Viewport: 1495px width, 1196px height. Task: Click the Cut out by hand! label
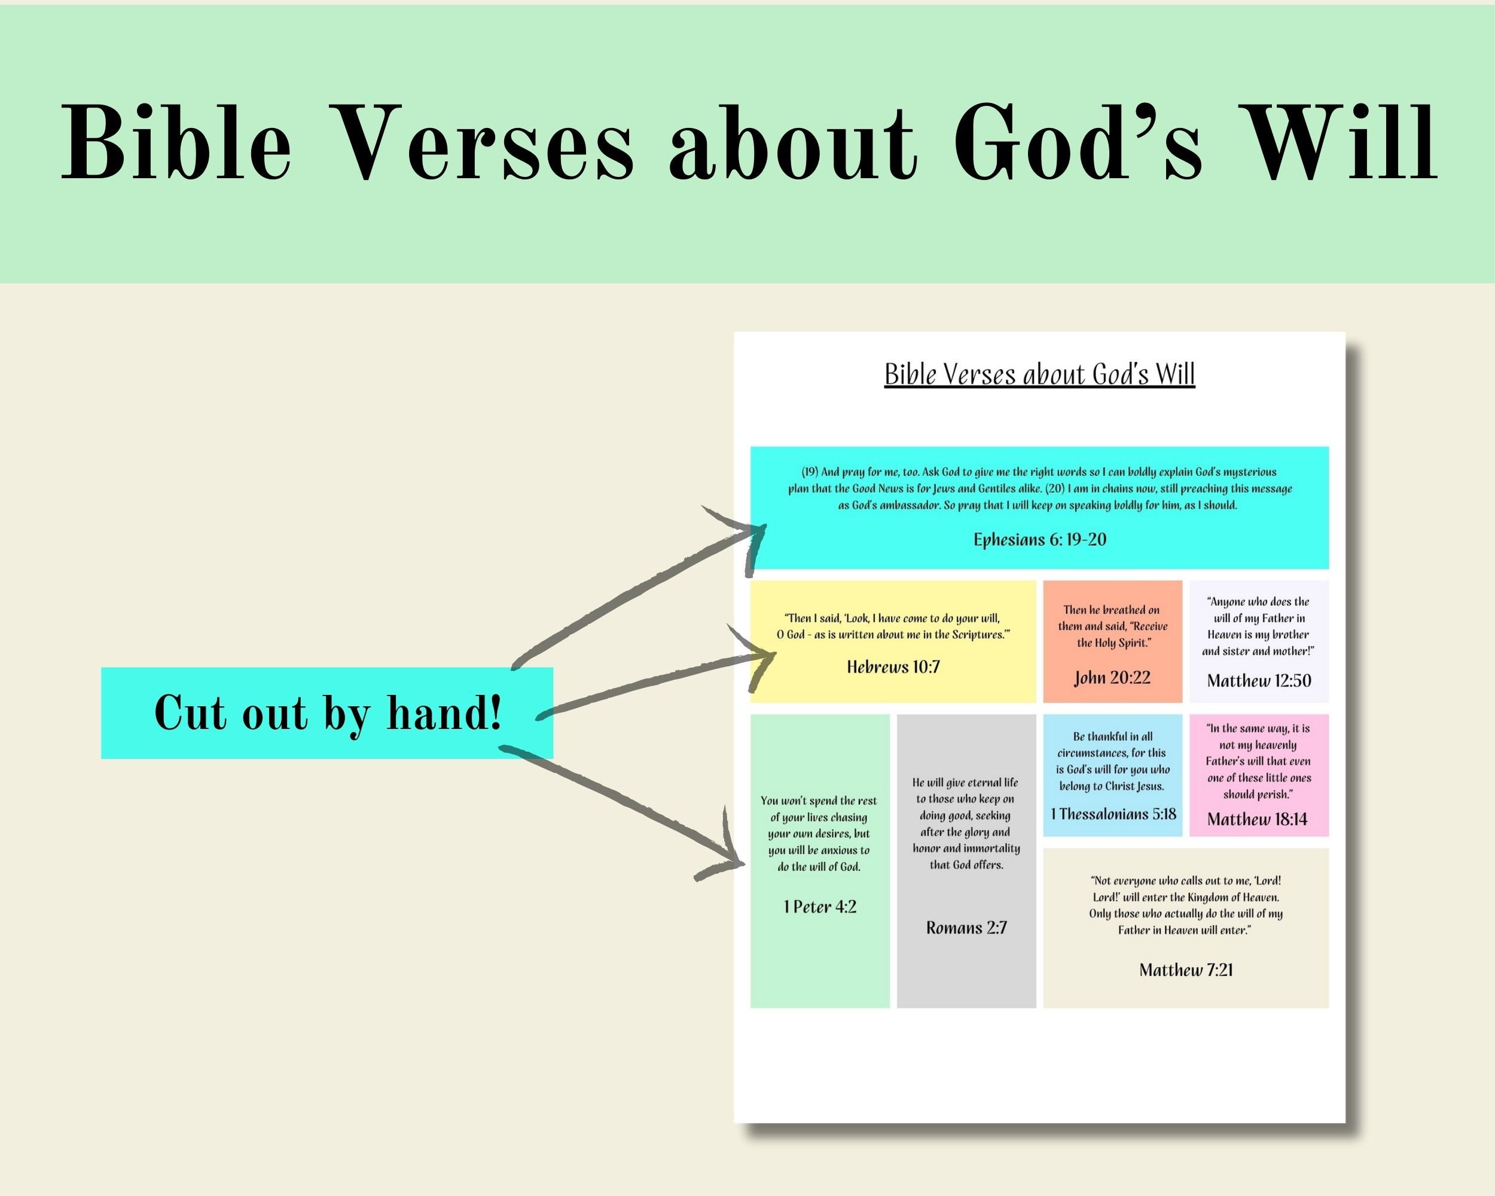tap(327, 713)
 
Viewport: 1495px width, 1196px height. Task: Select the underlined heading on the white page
tap(1039, 374)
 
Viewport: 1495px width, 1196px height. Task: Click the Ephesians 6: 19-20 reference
tap(1039, 539)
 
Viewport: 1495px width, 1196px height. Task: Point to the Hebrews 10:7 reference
tap(893, 667)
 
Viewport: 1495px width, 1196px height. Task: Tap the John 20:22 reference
tap(1112, 678)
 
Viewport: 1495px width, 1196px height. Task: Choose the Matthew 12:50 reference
tap(1259, 680)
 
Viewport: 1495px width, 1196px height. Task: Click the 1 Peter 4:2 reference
tap(820, 907)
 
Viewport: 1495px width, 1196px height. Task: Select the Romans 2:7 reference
tap(966, 927)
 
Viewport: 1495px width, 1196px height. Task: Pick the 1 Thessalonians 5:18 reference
tap(1113, 814)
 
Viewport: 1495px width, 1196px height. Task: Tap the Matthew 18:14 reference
tap(1256, 819)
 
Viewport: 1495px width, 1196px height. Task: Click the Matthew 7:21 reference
tap(1186, 970)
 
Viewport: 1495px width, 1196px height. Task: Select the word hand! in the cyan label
tap(444, 713)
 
